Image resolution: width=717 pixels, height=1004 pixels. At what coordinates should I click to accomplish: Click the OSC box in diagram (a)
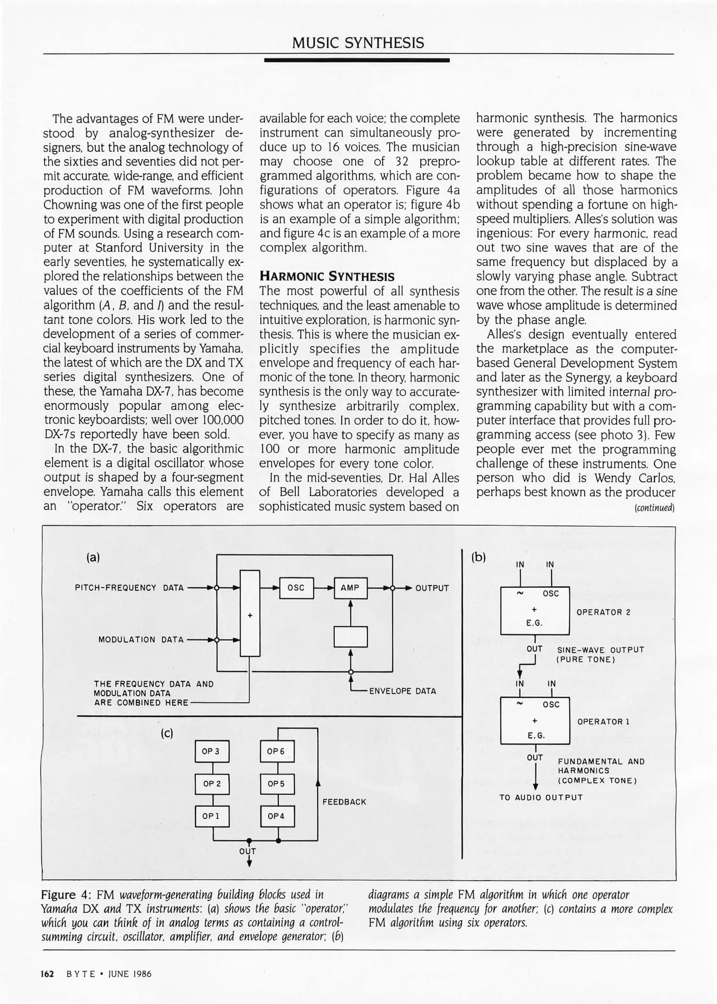pyautogui.click(x=296, y=588)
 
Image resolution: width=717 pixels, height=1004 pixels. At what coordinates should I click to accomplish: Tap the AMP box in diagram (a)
pyautogui.click(x=350, y=588)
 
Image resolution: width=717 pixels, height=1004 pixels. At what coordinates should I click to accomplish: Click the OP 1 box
pyautogui.click(x=212, y=816)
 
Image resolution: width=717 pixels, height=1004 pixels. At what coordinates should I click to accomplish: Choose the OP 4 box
pyautogui.click(x=277, y=816)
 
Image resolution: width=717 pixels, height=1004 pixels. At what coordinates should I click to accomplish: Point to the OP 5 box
pyautogui.click(x=277, y=784)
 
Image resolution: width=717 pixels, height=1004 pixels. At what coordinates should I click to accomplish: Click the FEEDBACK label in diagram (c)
pyautogui.click(x=344, y=802)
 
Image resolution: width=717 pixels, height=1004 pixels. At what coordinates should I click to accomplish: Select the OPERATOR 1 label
pyautogui.click(x=603, y=721)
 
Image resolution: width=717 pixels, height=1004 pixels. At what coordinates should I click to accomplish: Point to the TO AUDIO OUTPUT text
pyautogui.click(x=541, y=798)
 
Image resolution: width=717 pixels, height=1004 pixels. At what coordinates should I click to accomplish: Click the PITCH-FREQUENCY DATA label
pyautogui.click(x=129, y=588)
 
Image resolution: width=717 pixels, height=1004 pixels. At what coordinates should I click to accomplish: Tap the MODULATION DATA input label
pyautogui.click(x=141, y=640)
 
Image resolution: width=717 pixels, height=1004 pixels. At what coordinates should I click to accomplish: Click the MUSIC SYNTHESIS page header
pyautogui.click(x=358, y=43)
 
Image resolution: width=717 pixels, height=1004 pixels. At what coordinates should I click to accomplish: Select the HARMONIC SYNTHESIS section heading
pyautogui.click(x=327, y=277)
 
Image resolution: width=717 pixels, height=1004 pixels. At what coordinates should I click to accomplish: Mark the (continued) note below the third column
pyautogui.click(x=654, y=508)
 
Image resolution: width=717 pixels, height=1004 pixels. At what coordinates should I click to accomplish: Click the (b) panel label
pyautogui.click(x=478, y=557)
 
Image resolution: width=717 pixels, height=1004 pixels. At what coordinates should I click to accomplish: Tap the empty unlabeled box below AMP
pyautogui.click(x=350, y=636)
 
